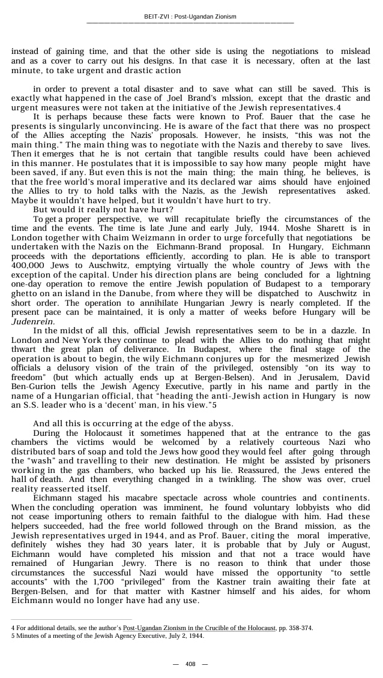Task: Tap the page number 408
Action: (190, 664)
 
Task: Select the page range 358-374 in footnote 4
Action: (300, 628)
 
